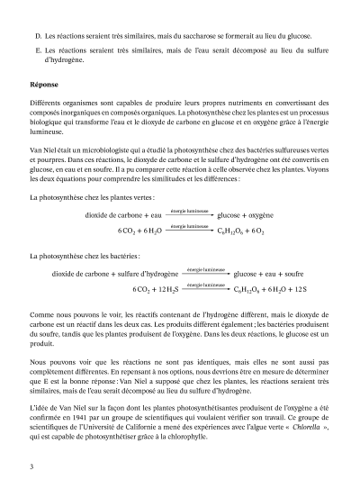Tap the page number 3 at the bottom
coord(31,466)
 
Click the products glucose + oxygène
coord(246,216)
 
